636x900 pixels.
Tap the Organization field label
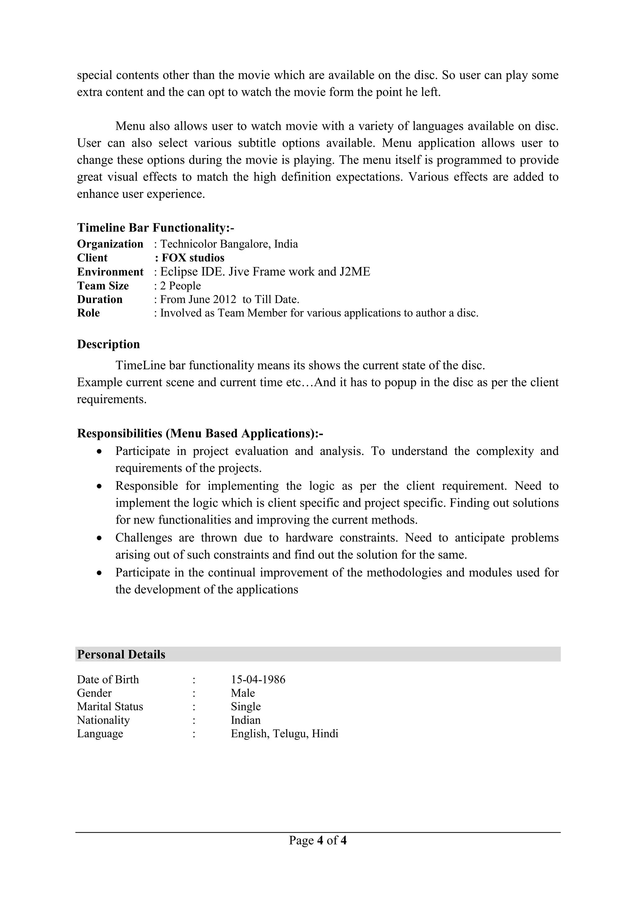(110, 244)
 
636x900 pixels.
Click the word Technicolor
(189, 244)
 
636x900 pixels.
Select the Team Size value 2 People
(180, 286)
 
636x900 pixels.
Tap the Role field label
(88, 313)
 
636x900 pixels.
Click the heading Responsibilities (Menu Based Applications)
(200, 433)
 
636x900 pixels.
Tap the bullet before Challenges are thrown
(100, 538)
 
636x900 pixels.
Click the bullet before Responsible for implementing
(100, 486)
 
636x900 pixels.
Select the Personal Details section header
(121, 654)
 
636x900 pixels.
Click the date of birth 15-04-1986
(258, 679)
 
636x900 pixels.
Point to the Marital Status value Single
(246, 706)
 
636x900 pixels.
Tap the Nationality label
(103, 720)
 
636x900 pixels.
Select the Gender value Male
(243, 693)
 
